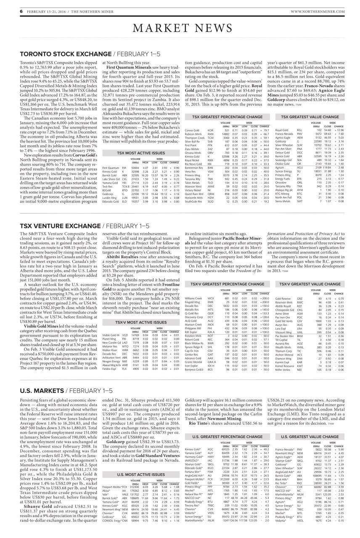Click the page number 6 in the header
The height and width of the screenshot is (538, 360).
pos(21,11)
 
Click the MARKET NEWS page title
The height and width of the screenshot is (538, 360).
pos(180,28)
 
